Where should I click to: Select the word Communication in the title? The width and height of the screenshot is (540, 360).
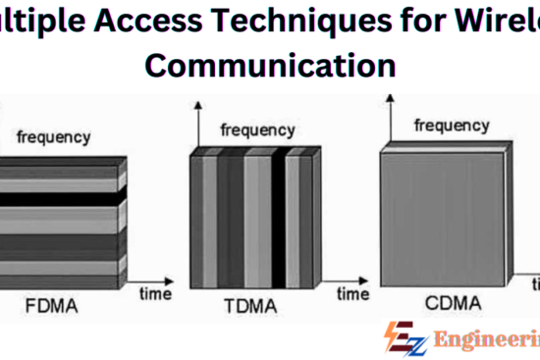(x=270, y=66)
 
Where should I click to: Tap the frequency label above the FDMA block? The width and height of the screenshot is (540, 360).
(x=54, y=137)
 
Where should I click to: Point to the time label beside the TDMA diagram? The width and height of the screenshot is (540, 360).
(x=353, y=291)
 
